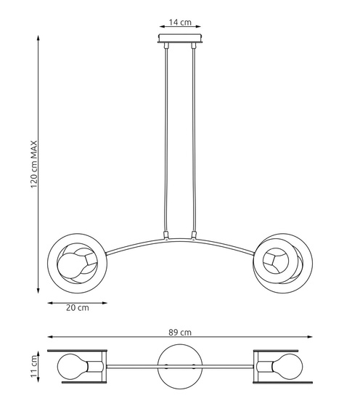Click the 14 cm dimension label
(181, 22)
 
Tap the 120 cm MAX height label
(33, 163)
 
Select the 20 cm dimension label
(77, 308)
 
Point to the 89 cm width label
(181, 332)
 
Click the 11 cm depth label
(33, 365)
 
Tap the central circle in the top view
(179, 365)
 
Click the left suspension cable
(167, 138)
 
